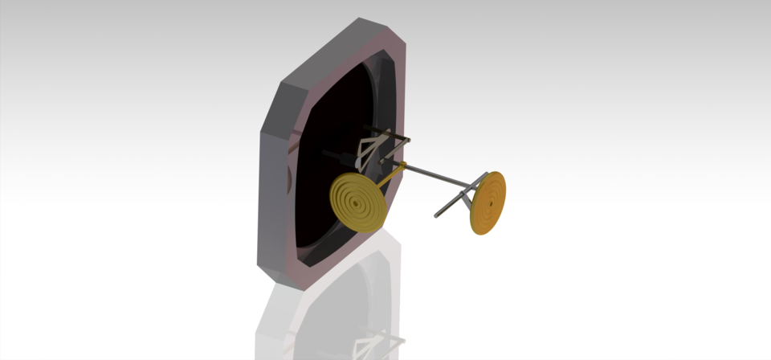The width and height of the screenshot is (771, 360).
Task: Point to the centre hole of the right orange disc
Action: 488,203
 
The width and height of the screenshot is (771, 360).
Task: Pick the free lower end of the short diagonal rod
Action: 438,215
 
